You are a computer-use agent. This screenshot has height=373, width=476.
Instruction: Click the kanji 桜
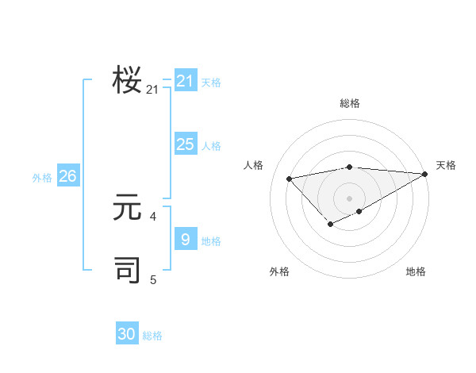(127, 81)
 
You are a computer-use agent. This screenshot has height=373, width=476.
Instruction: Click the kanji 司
(127, 270)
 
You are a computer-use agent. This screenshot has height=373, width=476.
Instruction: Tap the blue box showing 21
(185, 81)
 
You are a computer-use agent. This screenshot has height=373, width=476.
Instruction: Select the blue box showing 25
(185, 144)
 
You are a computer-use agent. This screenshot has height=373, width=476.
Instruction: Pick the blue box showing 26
(67, 176)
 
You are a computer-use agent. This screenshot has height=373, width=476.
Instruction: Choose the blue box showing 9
(185, 240)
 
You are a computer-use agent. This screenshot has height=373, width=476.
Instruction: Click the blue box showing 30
(127, 334)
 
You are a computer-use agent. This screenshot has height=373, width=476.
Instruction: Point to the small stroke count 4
(153, 216)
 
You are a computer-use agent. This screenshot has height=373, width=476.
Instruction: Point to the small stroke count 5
(153, 279)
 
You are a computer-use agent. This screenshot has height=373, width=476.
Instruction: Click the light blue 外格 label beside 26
(42, 178)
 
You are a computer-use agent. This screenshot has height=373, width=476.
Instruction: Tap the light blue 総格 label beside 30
(152, 336)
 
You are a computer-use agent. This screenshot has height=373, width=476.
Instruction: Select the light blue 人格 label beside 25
(211, 146)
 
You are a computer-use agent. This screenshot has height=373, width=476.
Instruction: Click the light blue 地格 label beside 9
(211, 241)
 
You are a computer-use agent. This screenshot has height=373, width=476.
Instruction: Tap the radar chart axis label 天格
(446, 165)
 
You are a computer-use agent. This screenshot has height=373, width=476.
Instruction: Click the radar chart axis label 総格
(349, 103)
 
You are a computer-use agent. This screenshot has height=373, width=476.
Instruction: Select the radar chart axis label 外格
(279, 271)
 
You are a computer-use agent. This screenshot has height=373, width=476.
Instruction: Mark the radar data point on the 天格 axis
(426, 174)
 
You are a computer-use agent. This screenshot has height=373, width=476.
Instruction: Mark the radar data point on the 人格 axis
(290, 179)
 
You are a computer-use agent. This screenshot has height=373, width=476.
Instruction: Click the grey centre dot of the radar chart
(349, 198)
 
